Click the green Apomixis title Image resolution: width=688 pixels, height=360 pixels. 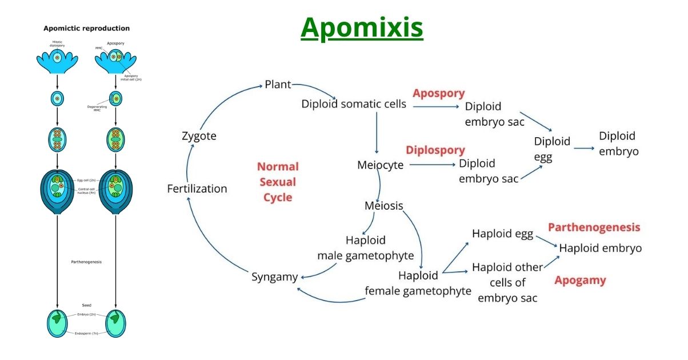tap(362, 27)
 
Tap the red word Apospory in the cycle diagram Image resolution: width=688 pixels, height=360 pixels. tap(439, 93)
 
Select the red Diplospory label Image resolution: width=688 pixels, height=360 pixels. tap(435, 150)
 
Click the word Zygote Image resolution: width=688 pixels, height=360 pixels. tap(199, 137)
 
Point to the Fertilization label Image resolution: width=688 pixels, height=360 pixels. tap(197, 189)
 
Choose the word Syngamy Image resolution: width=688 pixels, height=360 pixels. tap(274, 277)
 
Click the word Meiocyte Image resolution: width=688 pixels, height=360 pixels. tap(380, 165)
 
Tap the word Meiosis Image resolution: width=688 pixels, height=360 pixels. tap(384, 206)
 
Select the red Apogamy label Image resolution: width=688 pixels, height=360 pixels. tap(580, 281)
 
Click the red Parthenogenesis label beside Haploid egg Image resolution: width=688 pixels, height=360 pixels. tap(594, 227)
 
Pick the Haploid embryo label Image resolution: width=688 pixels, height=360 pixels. tap(600, 248)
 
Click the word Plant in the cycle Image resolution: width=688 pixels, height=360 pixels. tap(278, 85)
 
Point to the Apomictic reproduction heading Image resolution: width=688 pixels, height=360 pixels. tap(87, 28)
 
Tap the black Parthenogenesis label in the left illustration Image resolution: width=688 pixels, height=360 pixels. tap(87, 262)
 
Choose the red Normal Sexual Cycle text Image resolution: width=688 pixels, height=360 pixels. tap(278, 182)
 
